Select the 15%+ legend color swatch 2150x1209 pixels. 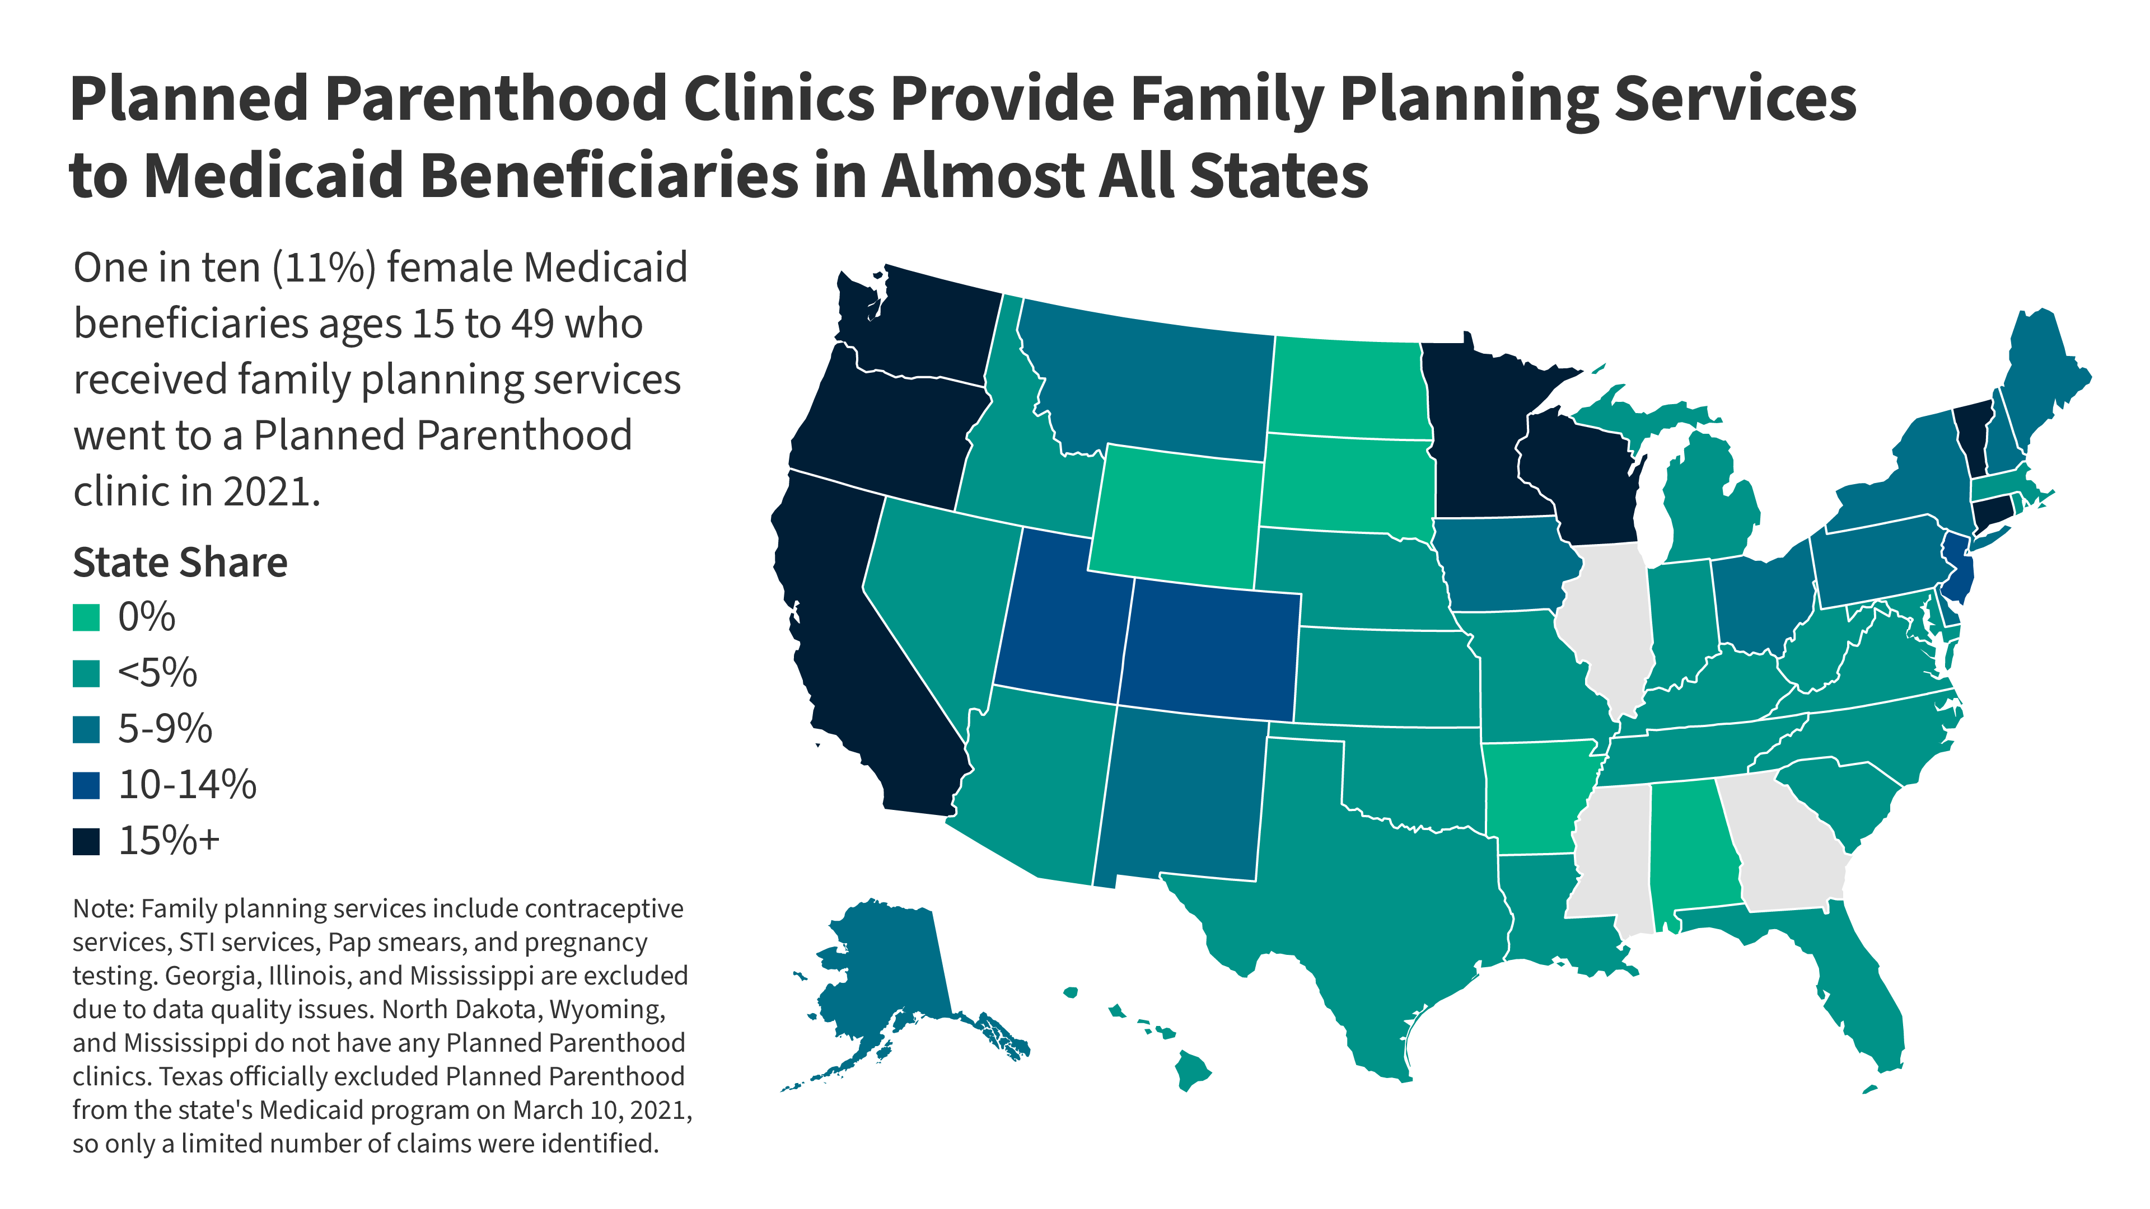pyautogui.click(x=86, y=841)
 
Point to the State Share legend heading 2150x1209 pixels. pyautogui.click(x=180, y=563)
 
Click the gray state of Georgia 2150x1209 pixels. pyautogui.click(x=1786, y=843)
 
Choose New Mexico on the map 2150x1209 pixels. pyautogui.click(x=1181, y=793)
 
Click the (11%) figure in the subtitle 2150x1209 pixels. pyautogui.click(x=324, y=269)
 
